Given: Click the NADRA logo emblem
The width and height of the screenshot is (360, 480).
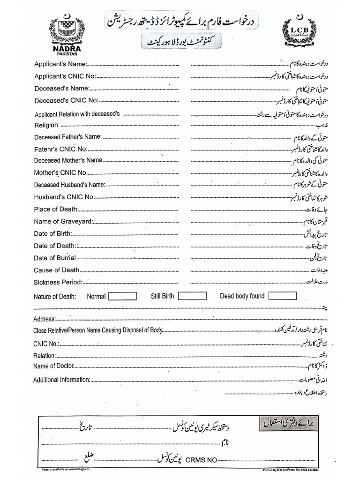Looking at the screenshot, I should tap(70, 31).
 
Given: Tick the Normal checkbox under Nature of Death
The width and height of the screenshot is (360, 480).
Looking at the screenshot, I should tap(122, 296).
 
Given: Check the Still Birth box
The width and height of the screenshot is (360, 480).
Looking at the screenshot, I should tap(192, 296).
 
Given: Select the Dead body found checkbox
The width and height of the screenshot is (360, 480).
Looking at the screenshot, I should tap(282, 296).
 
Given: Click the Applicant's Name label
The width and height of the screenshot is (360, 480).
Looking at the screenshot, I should tap(60, 63).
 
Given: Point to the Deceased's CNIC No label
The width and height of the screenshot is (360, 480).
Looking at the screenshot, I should tap(66, 100).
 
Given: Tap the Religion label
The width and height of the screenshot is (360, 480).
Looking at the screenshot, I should tap(46, 125).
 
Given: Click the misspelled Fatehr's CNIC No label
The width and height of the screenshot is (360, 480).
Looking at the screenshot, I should tap(60, 149).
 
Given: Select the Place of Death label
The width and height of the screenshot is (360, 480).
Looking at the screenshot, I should tap(56, 209).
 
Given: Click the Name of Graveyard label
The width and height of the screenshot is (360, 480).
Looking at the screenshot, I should tap(63, 221).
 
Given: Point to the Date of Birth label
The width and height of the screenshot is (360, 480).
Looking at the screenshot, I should tap(52, 233).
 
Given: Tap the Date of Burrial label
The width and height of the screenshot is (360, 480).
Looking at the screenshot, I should tap(54, 258).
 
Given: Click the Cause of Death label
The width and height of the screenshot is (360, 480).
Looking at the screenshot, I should tap(56, 270).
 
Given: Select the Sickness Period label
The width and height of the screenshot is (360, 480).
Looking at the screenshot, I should tap(58, 282).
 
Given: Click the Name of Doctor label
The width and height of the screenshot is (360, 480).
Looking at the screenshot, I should tap(53, 366).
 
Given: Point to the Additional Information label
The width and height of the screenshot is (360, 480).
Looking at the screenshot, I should tap(61, 380).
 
